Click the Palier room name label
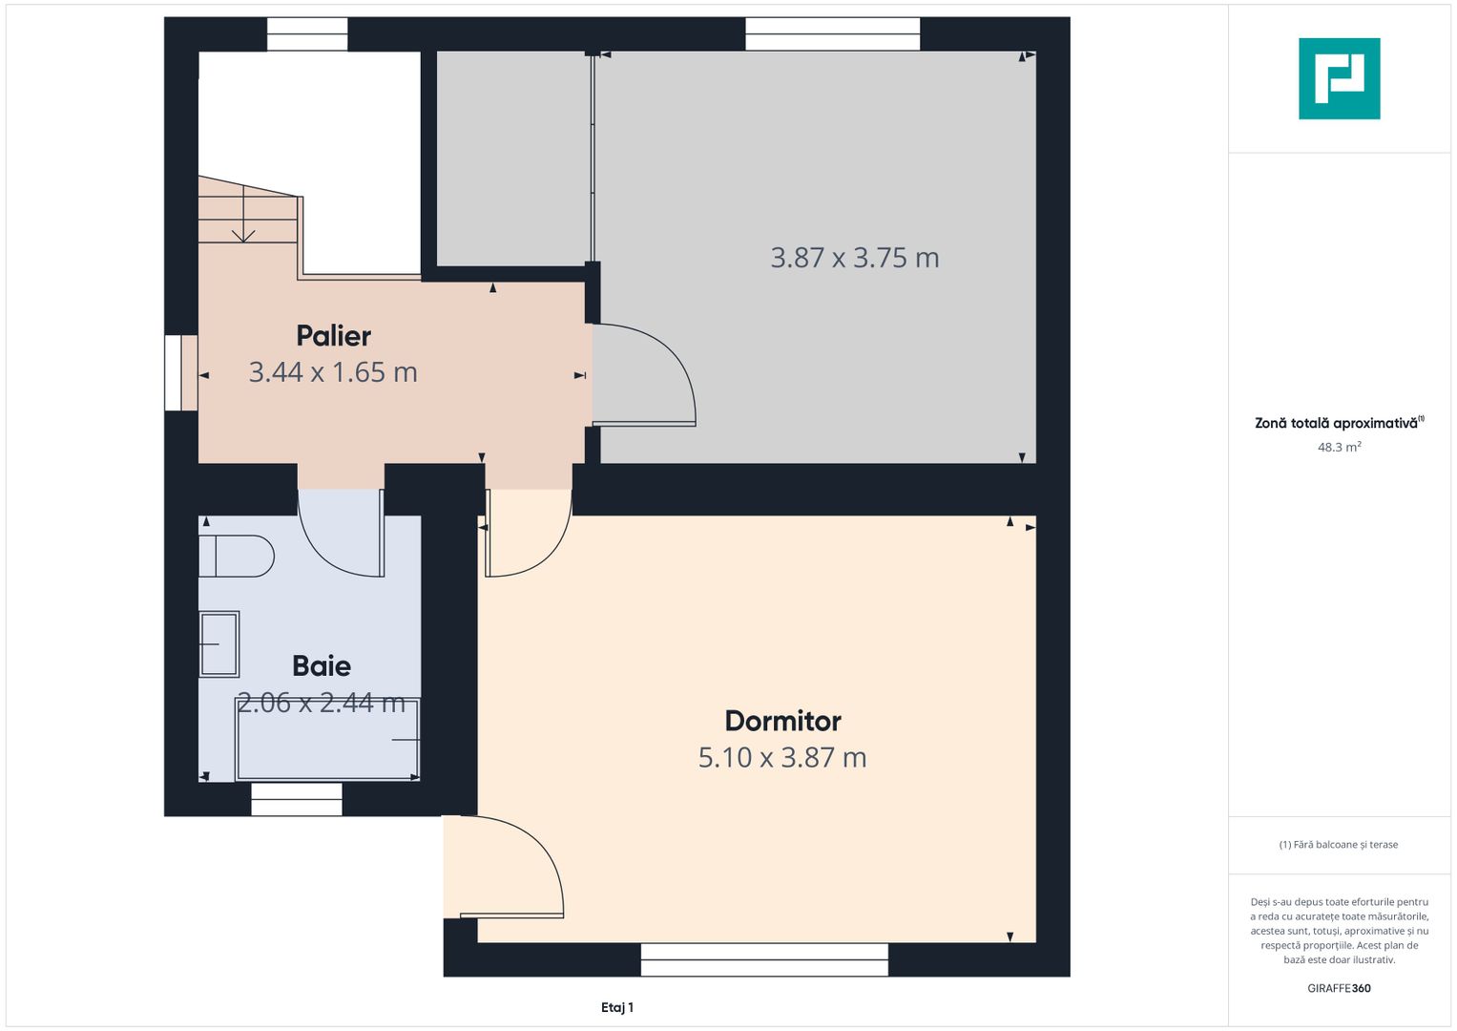[x=333, y=336]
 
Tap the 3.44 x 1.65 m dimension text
[x=333, y=372]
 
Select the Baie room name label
[x=322, y=665]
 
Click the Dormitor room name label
[x=782, y=721]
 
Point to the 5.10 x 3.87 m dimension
[x=782, y=758]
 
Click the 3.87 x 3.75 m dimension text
[x=855, y=258]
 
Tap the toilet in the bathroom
[x=236, y=557]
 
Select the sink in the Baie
[x=219, y=644]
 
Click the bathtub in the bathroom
[x=327, y=740]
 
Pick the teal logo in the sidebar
[x=1339, y=78]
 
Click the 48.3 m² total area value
[x=1339, y=447]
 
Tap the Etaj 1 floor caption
[x=617, y=1007]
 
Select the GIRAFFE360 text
[x=1339, y=988]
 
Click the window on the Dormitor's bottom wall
[x=764, y=959]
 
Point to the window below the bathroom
[x=297, y=799]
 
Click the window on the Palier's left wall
[x=180, y=372]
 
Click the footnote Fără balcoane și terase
[x=1339, y=845]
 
